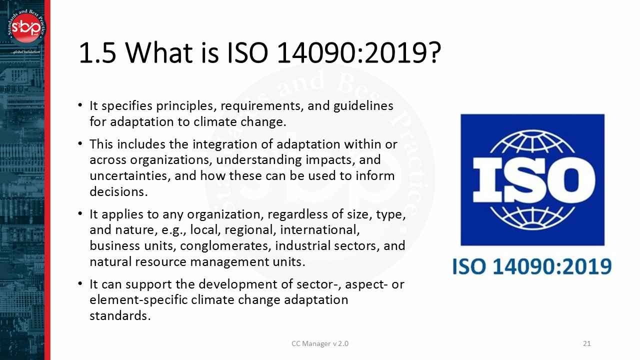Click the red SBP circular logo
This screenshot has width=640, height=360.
[25, 28]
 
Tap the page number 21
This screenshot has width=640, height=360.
[587, 343]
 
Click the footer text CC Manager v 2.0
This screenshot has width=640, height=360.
[320, 343]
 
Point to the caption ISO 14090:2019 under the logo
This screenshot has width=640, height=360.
[532, 266]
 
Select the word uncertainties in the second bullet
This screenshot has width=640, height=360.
[124, 176]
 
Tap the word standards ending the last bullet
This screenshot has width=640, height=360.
[120, 315]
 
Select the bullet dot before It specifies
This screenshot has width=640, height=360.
[80, 106]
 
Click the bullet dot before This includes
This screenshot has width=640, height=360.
[80, 144]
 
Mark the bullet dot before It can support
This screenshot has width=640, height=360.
[80, 284]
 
